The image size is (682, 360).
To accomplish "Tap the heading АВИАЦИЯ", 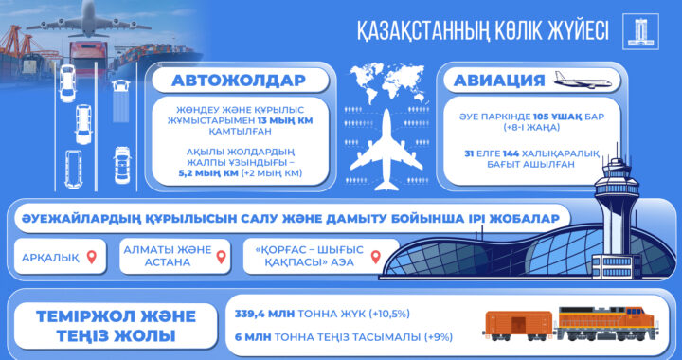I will click(x=493, y=80).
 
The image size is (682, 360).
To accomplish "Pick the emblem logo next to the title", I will click(x=637, y=31).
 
